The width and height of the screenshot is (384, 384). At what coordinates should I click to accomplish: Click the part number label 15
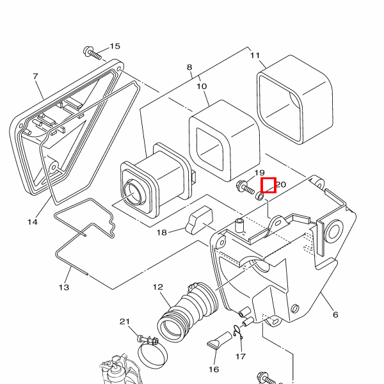click(x=115, y=46)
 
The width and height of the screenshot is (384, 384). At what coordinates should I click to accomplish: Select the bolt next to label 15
click(x=92, y=53)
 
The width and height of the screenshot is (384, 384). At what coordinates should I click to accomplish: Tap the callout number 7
click(x=36, y=76)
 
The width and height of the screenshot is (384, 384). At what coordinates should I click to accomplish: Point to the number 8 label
click(x=189, y=67)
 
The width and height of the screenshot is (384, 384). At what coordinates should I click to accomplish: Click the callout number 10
click(x=202, y=86)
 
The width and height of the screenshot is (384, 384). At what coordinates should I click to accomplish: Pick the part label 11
click(x=255, y=55)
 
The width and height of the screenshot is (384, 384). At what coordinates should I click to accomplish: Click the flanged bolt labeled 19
click(x=245, y=188)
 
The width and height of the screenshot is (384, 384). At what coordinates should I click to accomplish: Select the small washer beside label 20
click(x=260, y=196)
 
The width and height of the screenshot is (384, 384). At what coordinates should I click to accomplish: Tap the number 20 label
click(x=281, y=184)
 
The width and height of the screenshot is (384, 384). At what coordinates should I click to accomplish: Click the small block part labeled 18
click(x=199, y=220)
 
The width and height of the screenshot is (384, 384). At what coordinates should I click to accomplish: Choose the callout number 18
click(x=162, y=232)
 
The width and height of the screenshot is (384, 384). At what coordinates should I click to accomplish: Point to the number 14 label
click(x=33, y=222)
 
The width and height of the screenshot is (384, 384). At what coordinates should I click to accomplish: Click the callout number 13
click(x=64, y=287)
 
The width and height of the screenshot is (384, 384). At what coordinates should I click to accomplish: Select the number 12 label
click(x=158, y=287)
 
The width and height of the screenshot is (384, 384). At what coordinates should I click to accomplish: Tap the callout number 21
click(x=125, y=321)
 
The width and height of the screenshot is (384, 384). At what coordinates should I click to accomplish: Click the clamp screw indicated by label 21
click(x=148, y=339)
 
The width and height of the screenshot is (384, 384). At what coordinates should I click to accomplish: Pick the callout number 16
click(x=214, y=369)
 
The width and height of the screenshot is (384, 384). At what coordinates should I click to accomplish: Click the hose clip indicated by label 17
click(x=238, y=332)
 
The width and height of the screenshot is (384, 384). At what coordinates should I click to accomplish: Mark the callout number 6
click(x=335, y=314)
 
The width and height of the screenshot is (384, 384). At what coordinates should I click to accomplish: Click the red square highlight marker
click(x=269, y=185)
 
